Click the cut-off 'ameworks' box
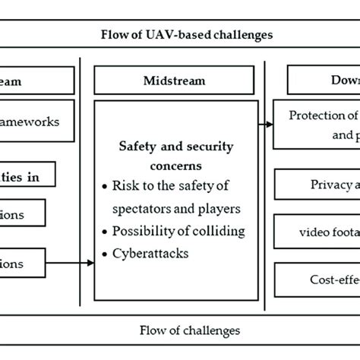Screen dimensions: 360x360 point(38,122)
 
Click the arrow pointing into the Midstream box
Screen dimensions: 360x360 point(72,264)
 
